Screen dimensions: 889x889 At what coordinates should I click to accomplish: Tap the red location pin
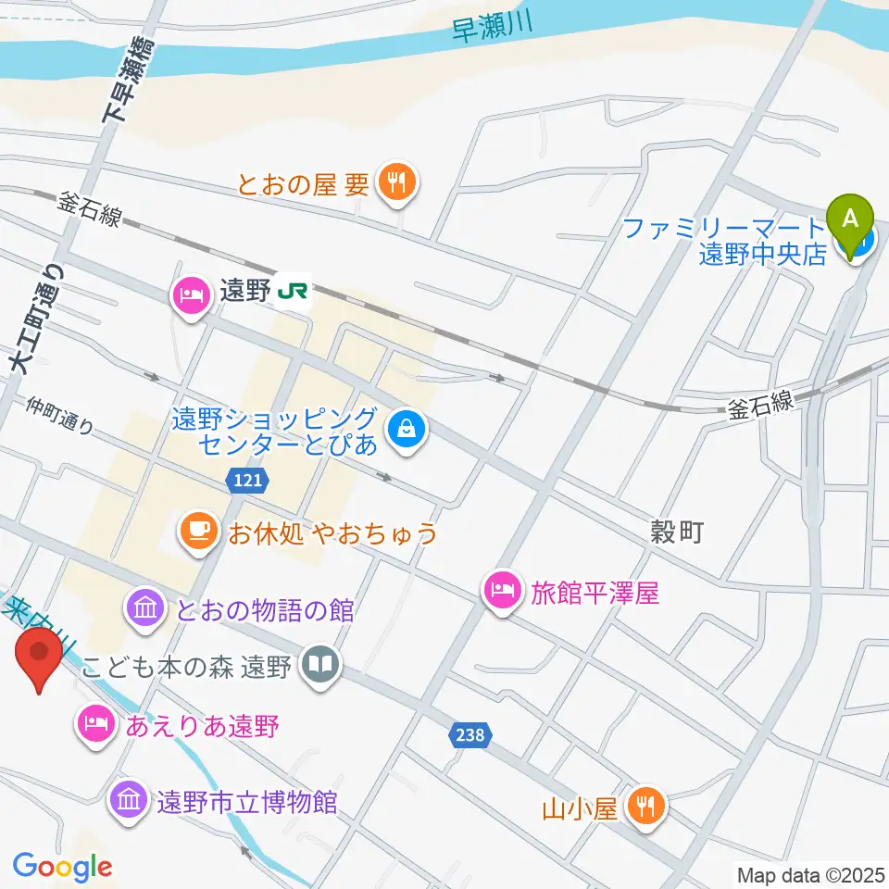[x=40, y=653]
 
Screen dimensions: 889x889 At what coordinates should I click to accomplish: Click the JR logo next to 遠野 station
[x=293, y=293]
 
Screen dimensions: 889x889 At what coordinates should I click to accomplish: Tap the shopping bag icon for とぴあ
[x=405, y=429]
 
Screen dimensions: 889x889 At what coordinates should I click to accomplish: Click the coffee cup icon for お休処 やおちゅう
[x=195, y=532]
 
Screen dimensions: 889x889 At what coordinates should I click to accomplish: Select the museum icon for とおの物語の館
[x=145, y=609]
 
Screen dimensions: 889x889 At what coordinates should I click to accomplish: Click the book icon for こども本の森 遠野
[x=320, y=666]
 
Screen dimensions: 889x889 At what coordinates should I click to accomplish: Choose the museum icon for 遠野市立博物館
[x=128, y=799]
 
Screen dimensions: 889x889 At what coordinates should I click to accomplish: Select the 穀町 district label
[x=678, y=532]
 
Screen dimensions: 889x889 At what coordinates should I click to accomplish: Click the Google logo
[x=62, y=867]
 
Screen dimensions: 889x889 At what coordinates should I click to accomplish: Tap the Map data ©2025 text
[x=809, y=874]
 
